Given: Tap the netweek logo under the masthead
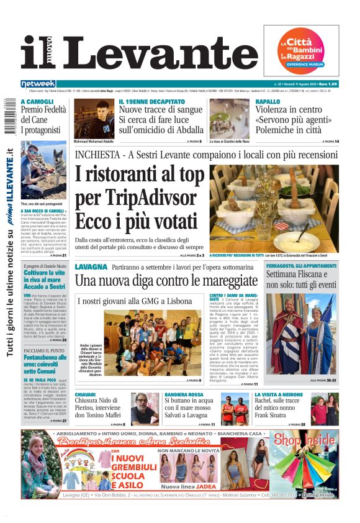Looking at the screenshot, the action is [x=38, y=83].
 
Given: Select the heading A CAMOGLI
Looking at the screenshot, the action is [x=37, y=101].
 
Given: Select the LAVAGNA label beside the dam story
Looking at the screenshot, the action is [x=91, y=266].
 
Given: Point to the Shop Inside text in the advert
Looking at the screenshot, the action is [x=304, y=440].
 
